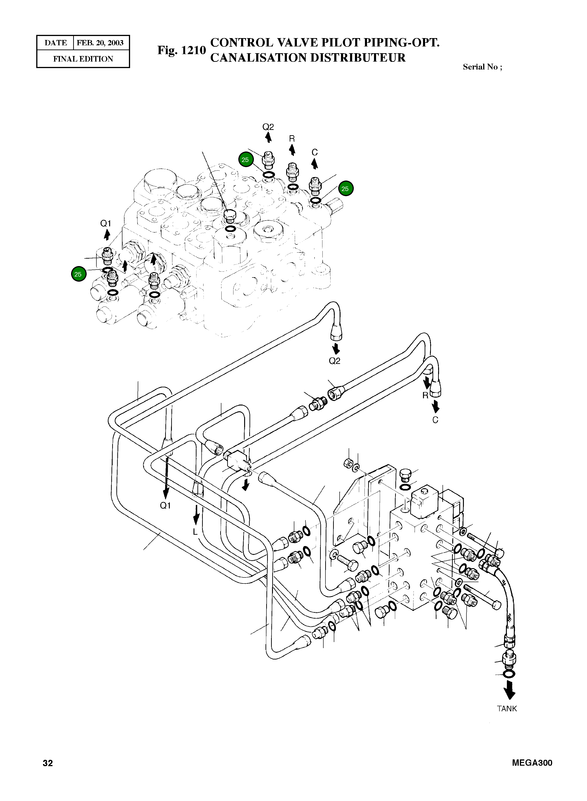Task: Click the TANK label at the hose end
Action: [507, 709]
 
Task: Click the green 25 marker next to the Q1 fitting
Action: [78, 274]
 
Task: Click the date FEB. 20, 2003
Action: [100, 43]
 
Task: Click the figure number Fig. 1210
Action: [182, 50]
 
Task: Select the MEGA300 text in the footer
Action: [532, 763]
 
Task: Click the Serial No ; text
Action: [482, 67]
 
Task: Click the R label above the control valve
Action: [292, 138]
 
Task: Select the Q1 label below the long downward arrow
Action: [166, 505]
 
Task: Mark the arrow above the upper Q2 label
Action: [269, 137]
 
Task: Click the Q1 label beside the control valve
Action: [105, 224]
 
